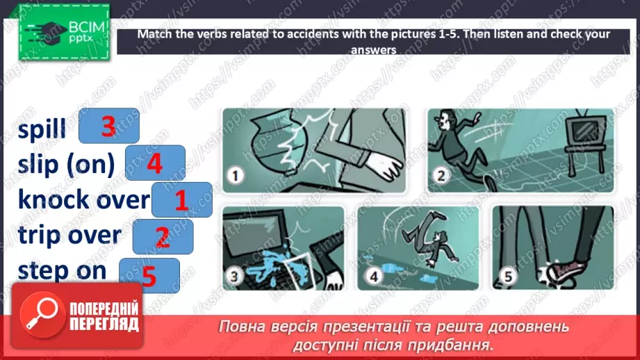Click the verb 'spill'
point(42,128)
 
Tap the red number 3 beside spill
point(108,126)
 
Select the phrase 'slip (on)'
point(66,164)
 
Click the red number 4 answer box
point(155,163)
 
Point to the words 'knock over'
point(83,199)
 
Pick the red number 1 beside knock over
point(181,200)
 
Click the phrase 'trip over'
point(69,235)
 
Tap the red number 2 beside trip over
point(163,237)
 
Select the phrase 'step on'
point(62,270)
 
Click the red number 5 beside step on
point(149,275)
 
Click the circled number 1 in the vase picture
point(235,176)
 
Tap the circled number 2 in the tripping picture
point(441,176)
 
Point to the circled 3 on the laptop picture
point(234,277)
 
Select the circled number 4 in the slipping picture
point(374,277)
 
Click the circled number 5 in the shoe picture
point(508,277)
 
